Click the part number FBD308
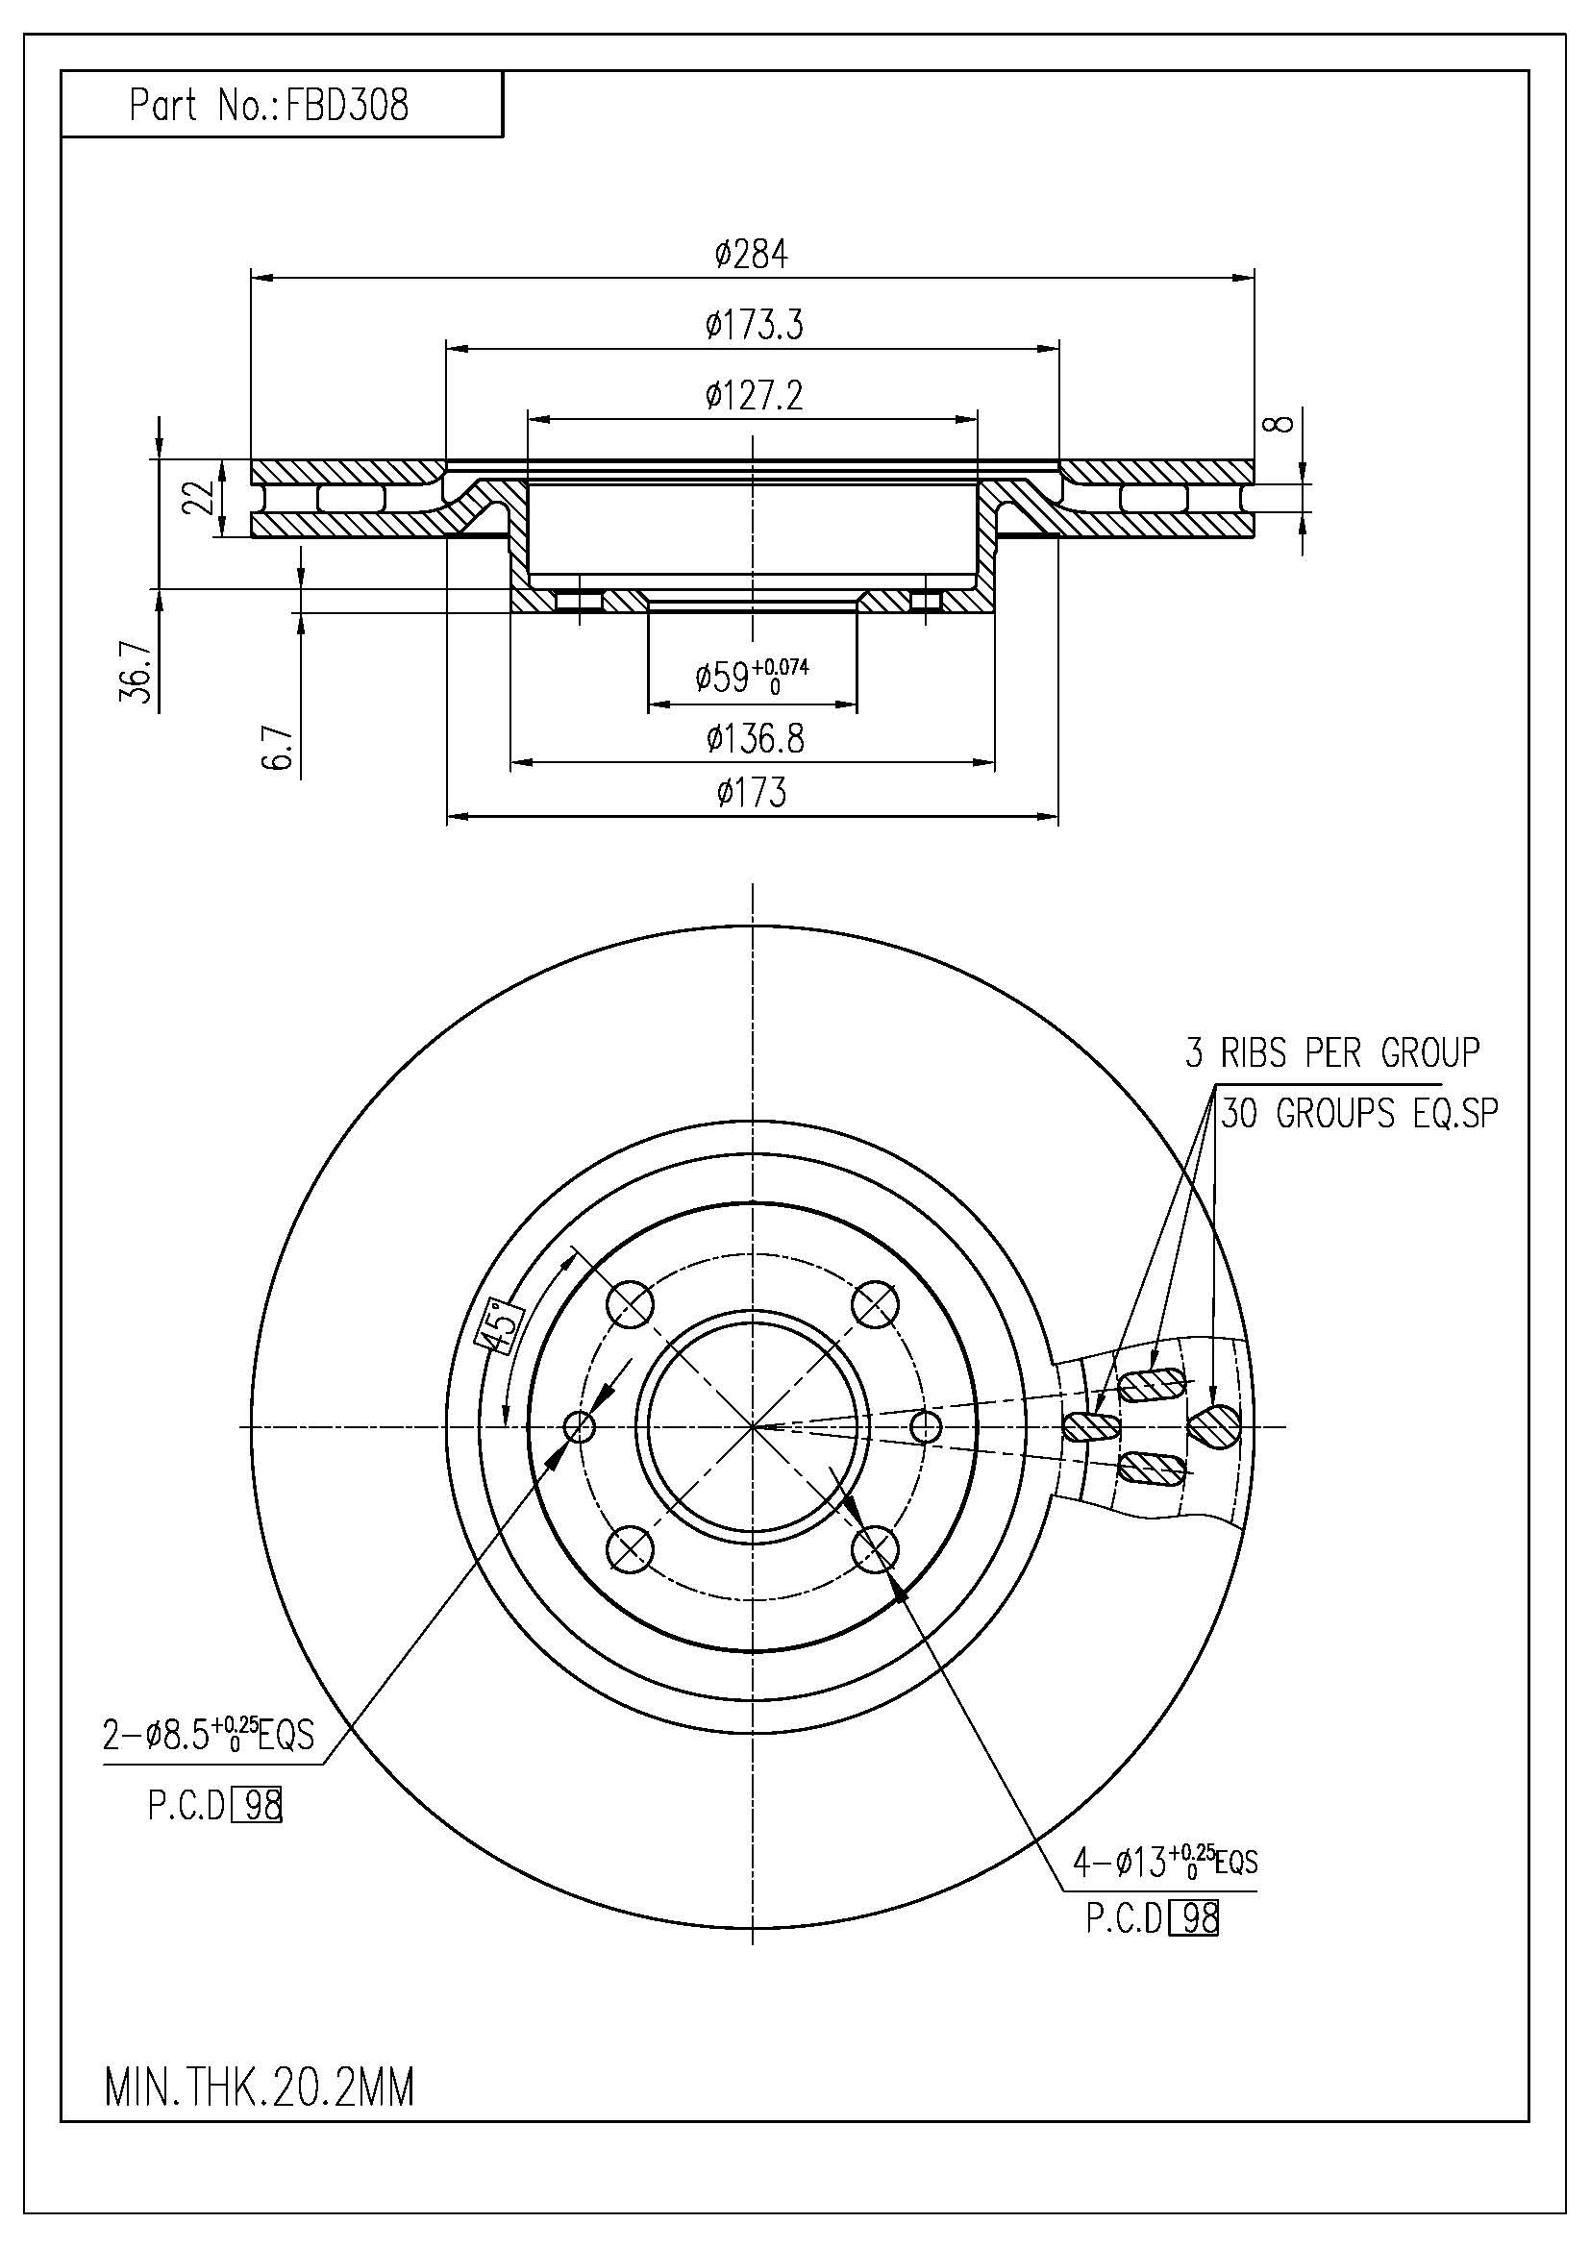[345, 105]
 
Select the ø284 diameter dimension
[752, 255]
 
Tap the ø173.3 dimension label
[754, 324]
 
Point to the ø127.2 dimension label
[754, 396]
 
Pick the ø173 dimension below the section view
[751, 792]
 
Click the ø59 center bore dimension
[752, 676]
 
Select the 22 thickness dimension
[200, 499]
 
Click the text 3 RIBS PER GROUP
[1332, 1052]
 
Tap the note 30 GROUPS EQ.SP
[1359, 1114]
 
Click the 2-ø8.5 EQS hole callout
[209, 1736]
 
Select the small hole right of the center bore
[925, 1426]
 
